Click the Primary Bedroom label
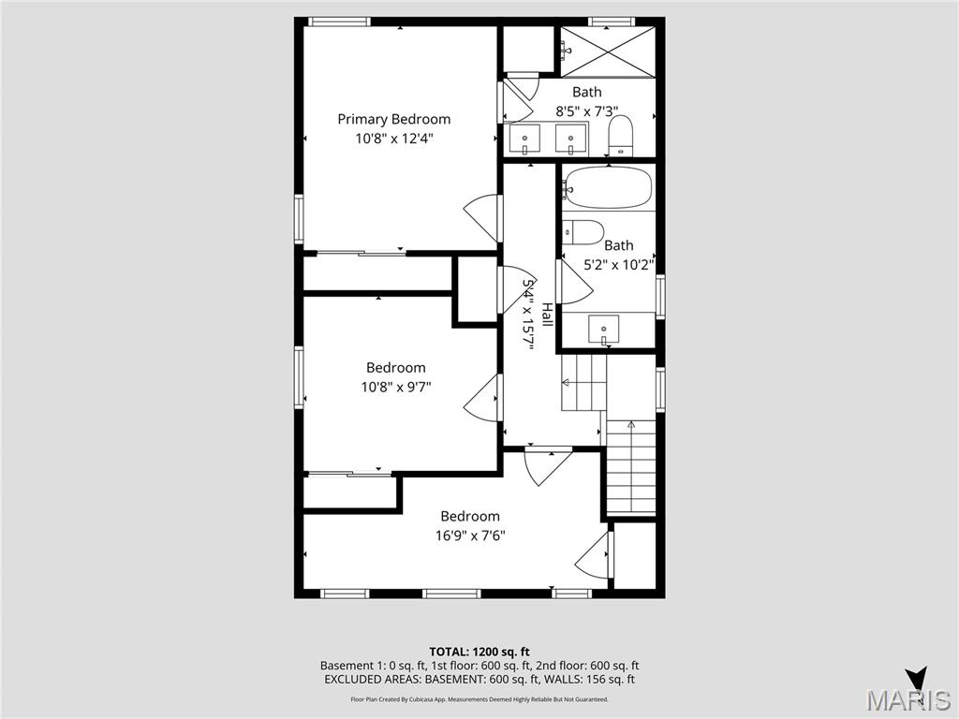click(x=393, y=119)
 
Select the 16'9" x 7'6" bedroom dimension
click(x=470, y=536)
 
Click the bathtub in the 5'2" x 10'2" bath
click(x=609, y=188)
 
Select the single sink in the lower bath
click(x=603, y=330)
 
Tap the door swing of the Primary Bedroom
click(x=485, y=220)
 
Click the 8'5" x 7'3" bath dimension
click(x=587, y=110)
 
